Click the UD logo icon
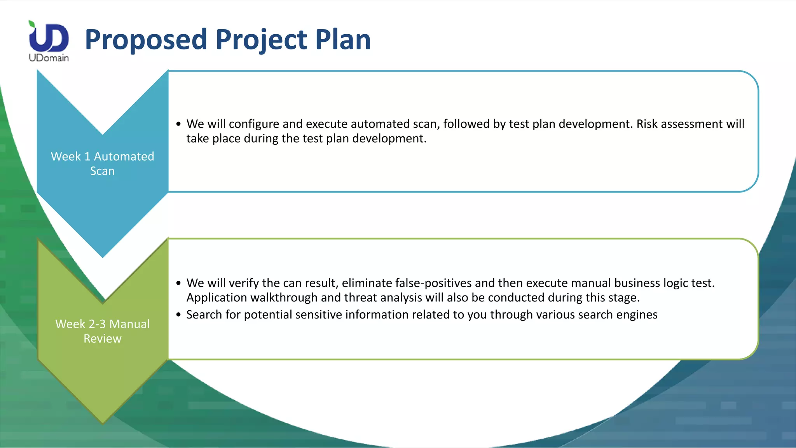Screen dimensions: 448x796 click(49, 37)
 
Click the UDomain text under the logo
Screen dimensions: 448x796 click(49, 58)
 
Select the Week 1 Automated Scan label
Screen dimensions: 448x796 click(103, 163)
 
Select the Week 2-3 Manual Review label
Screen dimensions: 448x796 click(103, 331)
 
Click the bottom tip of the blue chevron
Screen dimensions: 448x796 click(103, 255)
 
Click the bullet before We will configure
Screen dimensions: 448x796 click(178, 124)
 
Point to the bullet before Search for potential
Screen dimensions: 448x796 click(178, 315)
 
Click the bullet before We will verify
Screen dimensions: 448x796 click(178, 283)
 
